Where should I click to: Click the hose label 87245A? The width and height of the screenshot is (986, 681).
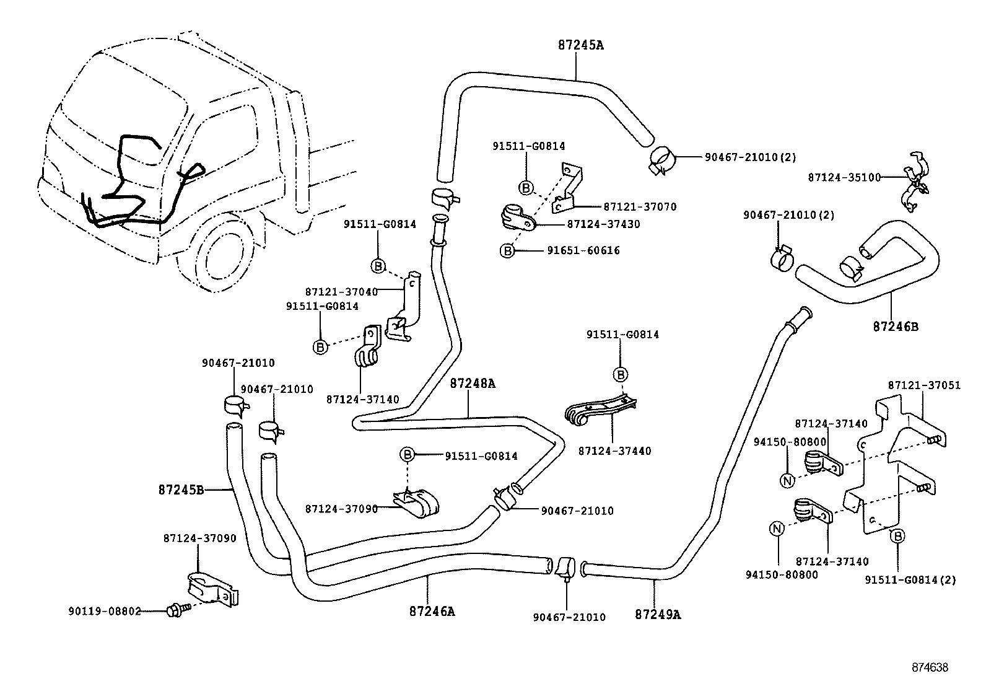pyautogui.click(x=580, y=45)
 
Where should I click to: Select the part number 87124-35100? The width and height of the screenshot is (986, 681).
pyautogui.click(x=844, y=177)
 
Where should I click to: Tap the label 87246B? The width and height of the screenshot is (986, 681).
pyautogui.click(x=896, y=326)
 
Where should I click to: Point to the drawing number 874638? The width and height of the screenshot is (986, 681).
pyautogui.click(x=929, y=667)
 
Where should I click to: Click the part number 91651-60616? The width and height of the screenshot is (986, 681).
pyautogui.click(x=583, y=250)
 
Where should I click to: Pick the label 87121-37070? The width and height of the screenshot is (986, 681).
pyautogui.click(x=640, y=207)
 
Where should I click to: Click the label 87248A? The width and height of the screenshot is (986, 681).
pyautogui.click(x=473, y=384)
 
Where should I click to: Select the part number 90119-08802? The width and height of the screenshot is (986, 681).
pyautogui.click(x=105, y=612)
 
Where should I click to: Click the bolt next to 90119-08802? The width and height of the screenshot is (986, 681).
pyautogui.click(x=174, y=610)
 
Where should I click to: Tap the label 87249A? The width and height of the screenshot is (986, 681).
pyautogui.click(x=658, y=615)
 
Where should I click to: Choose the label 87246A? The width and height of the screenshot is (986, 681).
pyautogui.click(x=432, y=612)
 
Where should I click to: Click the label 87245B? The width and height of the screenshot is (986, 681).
pyautogui.click(x=181, y=490)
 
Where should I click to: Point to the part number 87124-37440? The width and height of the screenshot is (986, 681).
pyautogui.click(x=614, y=451)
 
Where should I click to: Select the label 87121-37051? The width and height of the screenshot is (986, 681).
pyautogui.click(x=924, y=385)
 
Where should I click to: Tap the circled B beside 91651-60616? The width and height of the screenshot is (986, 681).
pyautogui.click(x=507, y=251)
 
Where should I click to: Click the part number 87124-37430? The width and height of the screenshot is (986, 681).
pyautogui.click(x=603, y=224)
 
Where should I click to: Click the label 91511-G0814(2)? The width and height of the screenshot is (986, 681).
pyautogui.click(x=910, y=580)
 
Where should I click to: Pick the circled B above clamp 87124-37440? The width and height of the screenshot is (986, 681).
pyautogui.click(x=620, y=374)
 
